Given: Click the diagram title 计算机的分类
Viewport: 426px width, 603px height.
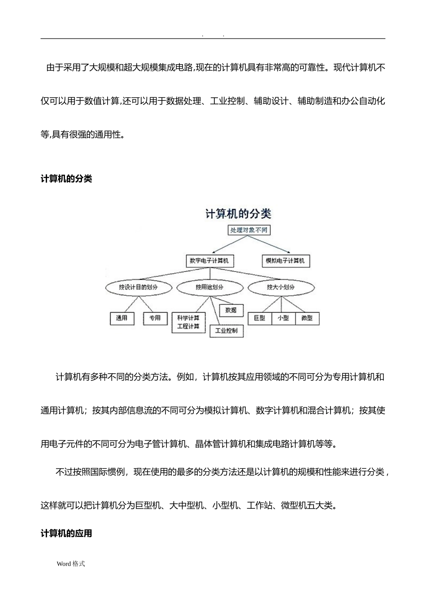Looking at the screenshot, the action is (x=238, y=214).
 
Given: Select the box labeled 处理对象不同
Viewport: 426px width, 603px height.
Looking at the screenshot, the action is (x=249, y=230).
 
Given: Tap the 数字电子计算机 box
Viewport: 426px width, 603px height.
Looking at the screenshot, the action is (x=209, y=261).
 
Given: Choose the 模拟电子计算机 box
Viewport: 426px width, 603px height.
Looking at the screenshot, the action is (x=285, y=261).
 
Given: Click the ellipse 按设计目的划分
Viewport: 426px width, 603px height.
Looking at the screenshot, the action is (x=138, y=287).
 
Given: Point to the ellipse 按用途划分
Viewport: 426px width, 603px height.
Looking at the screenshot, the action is (x=209, y=287).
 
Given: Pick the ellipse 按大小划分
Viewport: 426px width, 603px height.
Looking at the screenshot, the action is (x=281, y=287).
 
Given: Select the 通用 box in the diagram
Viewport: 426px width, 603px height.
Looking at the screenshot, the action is (x=122, y=318).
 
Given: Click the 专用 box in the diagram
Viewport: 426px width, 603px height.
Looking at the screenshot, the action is (x=155, y=318).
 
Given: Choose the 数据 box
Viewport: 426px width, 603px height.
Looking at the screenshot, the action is (x=231, y=310).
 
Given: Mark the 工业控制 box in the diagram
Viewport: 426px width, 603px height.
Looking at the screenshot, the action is (x=226, y=331).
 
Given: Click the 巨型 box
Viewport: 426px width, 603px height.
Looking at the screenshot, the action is (x=260, y=318).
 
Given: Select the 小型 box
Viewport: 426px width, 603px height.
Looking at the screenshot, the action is (x=283, y=318).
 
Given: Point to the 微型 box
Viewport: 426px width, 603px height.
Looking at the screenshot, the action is (x=307, y=318).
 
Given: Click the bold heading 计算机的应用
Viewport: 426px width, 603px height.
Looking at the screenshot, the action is (x=66, y=533).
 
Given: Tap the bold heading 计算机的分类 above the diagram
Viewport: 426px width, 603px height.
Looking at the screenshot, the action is (x=66, y=179).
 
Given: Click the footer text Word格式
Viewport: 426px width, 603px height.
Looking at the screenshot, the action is (x=71, y=564).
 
